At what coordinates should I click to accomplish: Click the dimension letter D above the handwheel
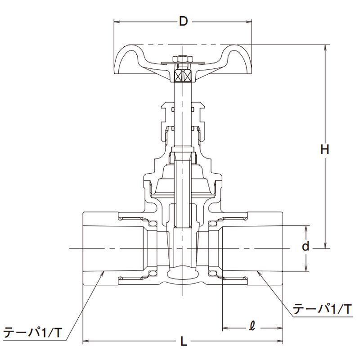(183, 22)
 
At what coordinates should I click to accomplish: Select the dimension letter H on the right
(324, 149)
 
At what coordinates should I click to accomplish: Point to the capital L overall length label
(184, 342)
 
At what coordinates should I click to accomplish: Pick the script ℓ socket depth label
(252, 326)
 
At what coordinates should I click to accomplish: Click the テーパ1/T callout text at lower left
(32, 332)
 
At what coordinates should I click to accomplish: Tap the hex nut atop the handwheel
(183, 59)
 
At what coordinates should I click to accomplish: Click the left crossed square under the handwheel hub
(178, 75)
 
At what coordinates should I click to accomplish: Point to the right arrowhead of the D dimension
(249, 22)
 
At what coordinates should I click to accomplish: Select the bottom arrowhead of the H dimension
(324, 245)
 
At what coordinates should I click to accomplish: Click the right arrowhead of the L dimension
(279, 341)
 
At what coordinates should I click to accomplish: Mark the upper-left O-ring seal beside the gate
(152, 223)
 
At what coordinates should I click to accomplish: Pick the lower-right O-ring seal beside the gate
(212, 273)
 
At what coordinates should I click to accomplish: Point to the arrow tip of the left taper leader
(104, 272)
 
